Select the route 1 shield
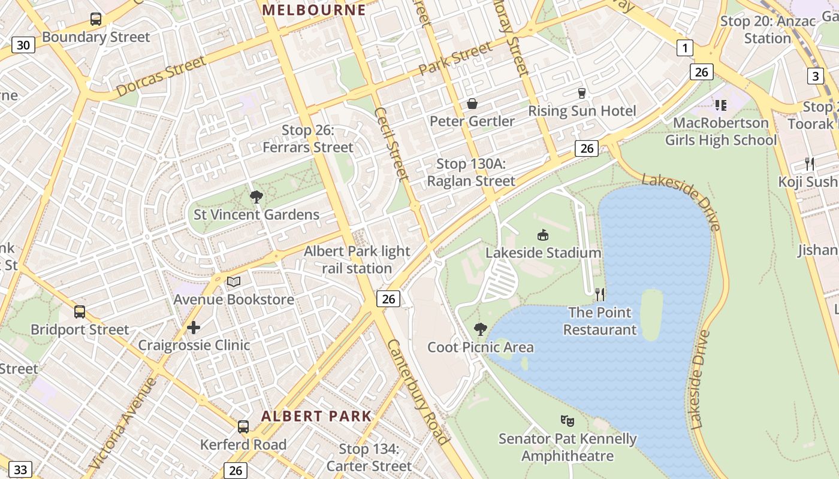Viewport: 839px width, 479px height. [684, 48]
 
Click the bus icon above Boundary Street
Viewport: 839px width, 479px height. [96, 19]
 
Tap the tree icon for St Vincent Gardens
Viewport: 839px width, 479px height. [256, 196]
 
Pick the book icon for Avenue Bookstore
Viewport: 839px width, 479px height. [234, 281]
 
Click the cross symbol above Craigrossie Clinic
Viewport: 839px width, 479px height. [194, 328]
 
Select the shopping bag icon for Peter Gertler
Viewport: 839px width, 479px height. [472, 104]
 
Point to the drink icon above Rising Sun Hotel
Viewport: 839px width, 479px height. [581, 93]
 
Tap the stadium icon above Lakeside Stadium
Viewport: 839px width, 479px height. [543, 235]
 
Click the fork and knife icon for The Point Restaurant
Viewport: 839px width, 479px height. [600, 294]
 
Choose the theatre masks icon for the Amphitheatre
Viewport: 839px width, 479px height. [567, 421]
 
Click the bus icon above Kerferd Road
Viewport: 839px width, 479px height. [243, 427]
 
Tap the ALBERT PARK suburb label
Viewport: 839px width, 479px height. [316, 416]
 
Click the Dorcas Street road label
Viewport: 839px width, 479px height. [161, 76]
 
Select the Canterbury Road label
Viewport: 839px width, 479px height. [418, 392]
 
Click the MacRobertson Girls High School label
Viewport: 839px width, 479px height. [720, 132]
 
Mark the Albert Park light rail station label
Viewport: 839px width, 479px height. [357, 260]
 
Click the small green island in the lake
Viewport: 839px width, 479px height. [651, 314]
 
